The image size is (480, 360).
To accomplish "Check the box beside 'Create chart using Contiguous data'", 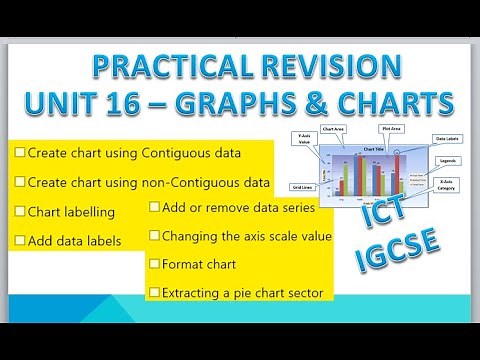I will coord(20,154).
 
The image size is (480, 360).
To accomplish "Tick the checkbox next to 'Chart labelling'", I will coord(20,212).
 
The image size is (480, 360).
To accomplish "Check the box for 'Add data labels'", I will coord(20,240).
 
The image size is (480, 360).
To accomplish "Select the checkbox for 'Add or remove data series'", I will coord(154,207).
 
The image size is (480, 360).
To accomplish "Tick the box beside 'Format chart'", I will coord(154,264).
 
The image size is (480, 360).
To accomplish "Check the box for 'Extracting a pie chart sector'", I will coord(154,292).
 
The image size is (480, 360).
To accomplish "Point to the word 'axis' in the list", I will coord(248,236).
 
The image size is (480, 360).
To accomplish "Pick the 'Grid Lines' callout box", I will coord(299,187).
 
